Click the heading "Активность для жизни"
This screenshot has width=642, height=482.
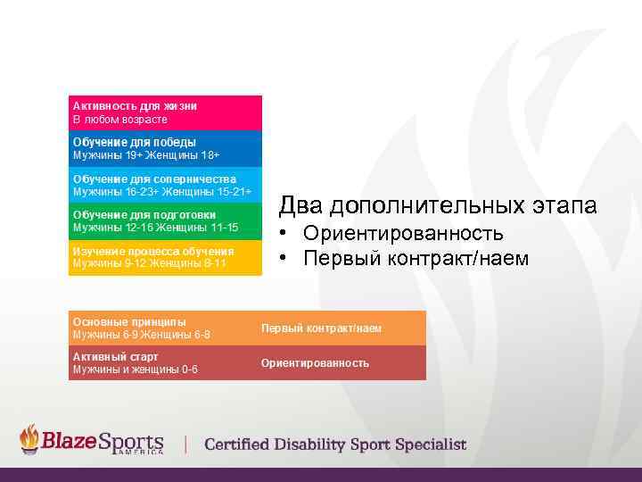(x=135, y=105)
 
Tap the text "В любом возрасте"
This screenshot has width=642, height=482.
(x=119, y=119)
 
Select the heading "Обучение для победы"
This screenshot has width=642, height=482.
(x=134, y=142)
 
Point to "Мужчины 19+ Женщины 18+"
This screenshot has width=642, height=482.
(x=145, y=154)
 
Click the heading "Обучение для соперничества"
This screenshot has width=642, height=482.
(x=153, y=179)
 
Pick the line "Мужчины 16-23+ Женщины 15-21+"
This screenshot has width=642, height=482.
(x=162, y=191)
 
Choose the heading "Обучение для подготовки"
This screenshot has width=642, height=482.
(x=144, y=215)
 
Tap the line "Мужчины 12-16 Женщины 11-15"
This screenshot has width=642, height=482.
(x=155, y=228)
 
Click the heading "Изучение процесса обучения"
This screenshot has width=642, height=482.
(x=152, y=252)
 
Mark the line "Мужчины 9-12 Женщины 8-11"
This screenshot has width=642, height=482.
(x=149, y=264)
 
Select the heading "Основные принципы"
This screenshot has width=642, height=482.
(x=129, y=321)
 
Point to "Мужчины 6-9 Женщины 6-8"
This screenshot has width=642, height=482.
(x=142, y=335)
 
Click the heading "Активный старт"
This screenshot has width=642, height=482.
(x=115, y=356)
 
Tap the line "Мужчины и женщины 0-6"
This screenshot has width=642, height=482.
(x=135, y=370)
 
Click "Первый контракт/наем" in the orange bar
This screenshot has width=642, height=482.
(x=321, y=328)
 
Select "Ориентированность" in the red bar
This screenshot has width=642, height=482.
(x=315, y=363)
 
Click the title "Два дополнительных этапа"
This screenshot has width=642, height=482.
(x=438, y=206)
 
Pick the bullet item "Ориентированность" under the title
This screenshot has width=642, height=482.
(x=403, y=234)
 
